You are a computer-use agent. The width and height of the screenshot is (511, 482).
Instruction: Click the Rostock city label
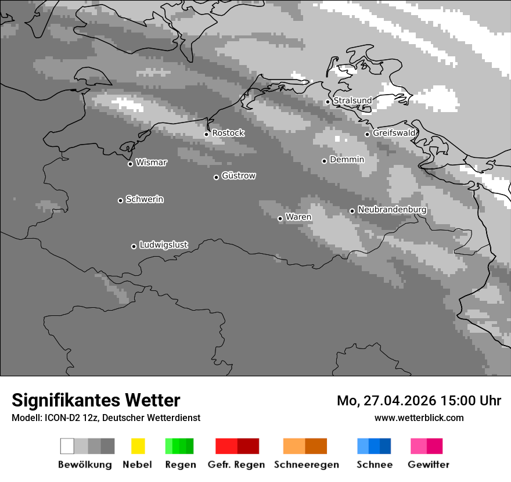pyautogui.click(x=228, y=133)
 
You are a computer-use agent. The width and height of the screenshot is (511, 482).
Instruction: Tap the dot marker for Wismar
pyautogui.click(x=130, y=164)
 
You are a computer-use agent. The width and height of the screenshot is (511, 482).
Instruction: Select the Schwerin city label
pyautogui.click(x=145, y=199)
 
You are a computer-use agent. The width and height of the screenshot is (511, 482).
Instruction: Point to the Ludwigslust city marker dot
pyautogui.click(x=134, y=246)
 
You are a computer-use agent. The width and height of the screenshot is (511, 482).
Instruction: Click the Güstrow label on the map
pyautogui.click(x=239, y=175)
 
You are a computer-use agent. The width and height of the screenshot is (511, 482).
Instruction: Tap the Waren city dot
pyautogui.click(x=280, y=218)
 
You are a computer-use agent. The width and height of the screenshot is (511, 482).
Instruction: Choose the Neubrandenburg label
pyautogui.click(x=393, y=210)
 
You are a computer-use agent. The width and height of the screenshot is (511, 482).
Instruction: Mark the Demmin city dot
pyautogui.click(x=325, y=161)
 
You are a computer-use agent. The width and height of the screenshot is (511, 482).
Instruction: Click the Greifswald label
pyautogui.click(x=394, y=133)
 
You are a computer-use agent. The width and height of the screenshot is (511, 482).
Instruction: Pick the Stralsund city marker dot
pyautogui.click(x=328, y=102)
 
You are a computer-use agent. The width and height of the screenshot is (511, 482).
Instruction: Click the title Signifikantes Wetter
pyautogui.click(x=96, y=400)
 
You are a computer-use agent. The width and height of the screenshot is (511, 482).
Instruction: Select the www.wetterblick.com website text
pyautogui.click(x=419, y=418)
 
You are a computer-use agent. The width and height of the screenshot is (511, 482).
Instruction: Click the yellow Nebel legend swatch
pyautogui.click(x=138, y=446)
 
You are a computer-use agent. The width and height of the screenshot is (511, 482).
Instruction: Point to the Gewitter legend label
pyautogui.click(x=429, y=465)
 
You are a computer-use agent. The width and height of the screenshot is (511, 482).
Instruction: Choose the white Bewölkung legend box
pyautogui.click(x=67, y=446)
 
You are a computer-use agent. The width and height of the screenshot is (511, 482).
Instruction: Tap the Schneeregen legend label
pyautogui.click(x=306, y=465)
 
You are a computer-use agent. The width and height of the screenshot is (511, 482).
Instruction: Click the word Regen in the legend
pyautogui.click(x=180, y=465)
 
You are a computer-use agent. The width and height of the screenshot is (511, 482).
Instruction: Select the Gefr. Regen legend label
pyautogui.click(x=236, y=465)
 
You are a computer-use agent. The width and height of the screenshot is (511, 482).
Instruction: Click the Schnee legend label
pyautogui.click(x=374, y=465)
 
